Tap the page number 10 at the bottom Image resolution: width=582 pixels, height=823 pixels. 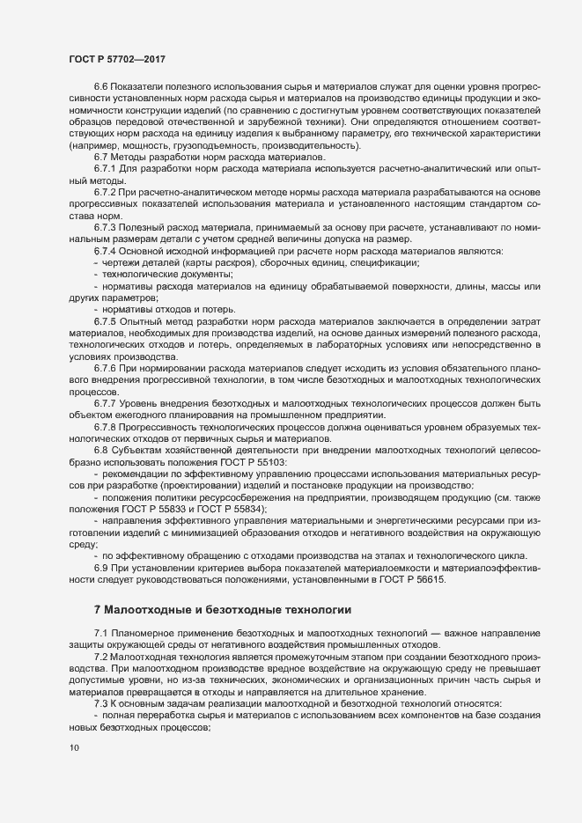point(73,748)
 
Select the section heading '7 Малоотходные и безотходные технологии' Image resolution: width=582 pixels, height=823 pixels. point(223,609)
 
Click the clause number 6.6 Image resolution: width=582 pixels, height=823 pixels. point(101,86)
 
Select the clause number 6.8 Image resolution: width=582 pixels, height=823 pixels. point(101,451)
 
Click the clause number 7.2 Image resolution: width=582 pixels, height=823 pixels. point(101,658)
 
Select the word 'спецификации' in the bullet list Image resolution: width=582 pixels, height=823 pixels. point(383,264)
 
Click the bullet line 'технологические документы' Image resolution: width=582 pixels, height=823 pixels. point(161,276)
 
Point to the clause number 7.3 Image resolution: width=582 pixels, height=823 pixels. point(101,704)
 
